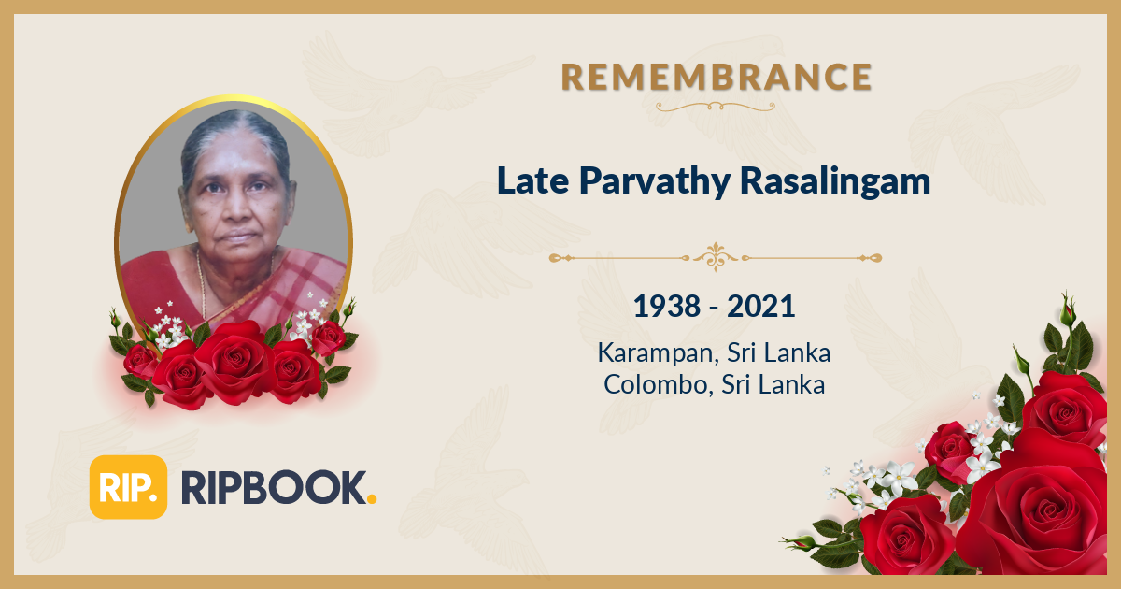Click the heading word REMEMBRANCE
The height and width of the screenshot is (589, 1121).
point(717,78)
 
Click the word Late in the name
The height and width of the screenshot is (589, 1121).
point(521,181)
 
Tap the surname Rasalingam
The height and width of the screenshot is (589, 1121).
point(835,182)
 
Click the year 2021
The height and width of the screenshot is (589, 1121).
point(761,306)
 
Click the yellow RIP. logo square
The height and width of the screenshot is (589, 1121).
point(128,487)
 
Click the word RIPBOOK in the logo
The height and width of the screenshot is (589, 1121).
point(270,487)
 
